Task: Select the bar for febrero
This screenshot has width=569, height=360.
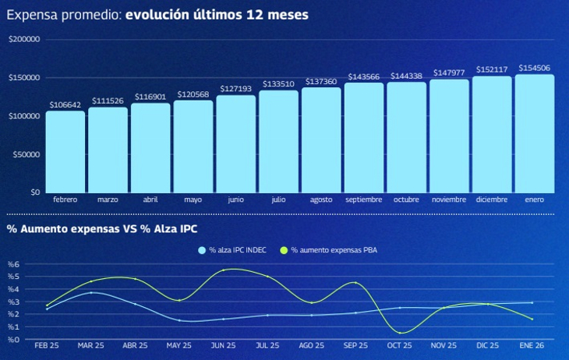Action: [65, 152]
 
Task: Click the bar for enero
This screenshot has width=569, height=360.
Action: [535, 133]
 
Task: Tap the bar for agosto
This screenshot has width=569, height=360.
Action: [321, 140]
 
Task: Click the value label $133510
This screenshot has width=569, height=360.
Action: [278, 84]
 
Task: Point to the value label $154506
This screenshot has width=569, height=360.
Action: [535, 68]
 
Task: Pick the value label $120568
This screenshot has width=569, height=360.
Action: [193, 94]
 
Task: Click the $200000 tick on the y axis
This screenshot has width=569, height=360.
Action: [23, 40]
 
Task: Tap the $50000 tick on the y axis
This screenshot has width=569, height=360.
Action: [26, 154]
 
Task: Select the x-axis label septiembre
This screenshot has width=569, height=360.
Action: [363, 199]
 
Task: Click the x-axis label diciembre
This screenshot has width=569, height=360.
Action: [492, 199]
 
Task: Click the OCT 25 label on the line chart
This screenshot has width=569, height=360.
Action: [400, 344]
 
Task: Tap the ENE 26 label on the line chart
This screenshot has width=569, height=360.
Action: [532, 344]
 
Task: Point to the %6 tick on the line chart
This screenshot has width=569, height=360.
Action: [12, 265]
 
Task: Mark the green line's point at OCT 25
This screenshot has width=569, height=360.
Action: [400, 333]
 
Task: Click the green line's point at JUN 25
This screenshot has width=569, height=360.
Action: [224, 270]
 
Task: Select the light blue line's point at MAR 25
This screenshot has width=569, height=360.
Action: [91, 292]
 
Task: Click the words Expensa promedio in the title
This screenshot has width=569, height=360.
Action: [62, 15]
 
